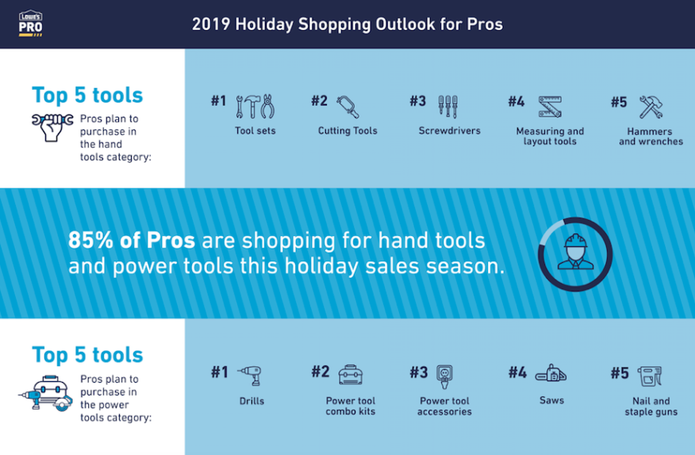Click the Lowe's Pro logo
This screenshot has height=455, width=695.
[x=31, y=24]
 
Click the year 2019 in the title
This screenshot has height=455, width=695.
[x=211, y=24]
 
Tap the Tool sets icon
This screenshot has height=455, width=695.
[x=255, y=106]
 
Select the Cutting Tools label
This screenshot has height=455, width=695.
[x=347, y=131]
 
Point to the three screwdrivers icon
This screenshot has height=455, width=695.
[x=448, y=106]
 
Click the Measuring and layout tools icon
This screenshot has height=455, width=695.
[x=550, y=107]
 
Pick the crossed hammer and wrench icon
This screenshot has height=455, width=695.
[x=651, y=107]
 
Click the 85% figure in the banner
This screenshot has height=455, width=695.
[x=91, y=241]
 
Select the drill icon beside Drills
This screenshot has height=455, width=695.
[x=250, y=376]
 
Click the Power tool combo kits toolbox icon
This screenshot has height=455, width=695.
[x=351, y=375]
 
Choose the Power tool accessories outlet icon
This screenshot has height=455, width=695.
[x=444, y=376]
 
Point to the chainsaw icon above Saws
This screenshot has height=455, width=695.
[x=551, y=373]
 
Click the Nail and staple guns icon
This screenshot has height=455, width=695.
[x=650, y=376]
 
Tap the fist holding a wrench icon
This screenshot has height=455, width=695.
[x=52, y=127]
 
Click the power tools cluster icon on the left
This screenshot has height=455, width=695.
[x=46, y=393]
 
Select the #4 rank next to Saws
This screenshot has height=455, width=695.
[x=517, y=372]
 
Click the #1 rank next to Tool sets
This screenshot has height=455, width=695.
[x=218, y=101]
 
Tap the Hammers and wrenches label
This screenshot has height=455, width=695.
[x=651, y=137]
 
